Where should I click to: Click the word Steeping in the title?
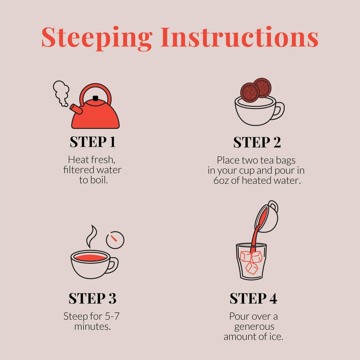click(x=97, y=38)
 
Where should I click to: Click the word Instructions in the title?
click(x=239, y=37)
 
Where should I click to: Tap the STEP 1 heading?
click(x=93, y=142)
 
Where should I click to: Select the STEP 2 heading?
click(x=257, y=142)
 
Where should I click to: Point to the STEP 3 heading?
click(x=93, y=298)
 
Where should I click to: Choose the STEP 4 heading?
click(x=253, y=298)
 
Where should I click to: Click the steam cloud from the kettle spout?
click(x=61, y=93)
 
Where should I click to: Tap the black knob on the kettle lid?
click(x=95, y=98)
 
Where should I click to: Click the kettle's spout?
click(x=76, y=109)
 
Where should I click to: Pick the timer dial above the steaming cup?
click(x=115, y=240)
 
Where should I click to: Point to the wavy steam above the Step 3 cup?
click(x=91, y=237)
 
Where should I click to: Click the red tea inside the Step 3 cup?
click(x=90, y=257)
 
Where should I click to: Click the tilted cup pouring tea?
click(x=267, y=216)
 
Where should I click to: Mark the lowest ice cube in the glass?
click(x=252, y=268)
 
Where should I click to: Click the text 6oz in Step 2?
click(x=220, y=180)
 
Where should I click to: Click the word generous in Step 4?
click(x=254, y=327)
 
